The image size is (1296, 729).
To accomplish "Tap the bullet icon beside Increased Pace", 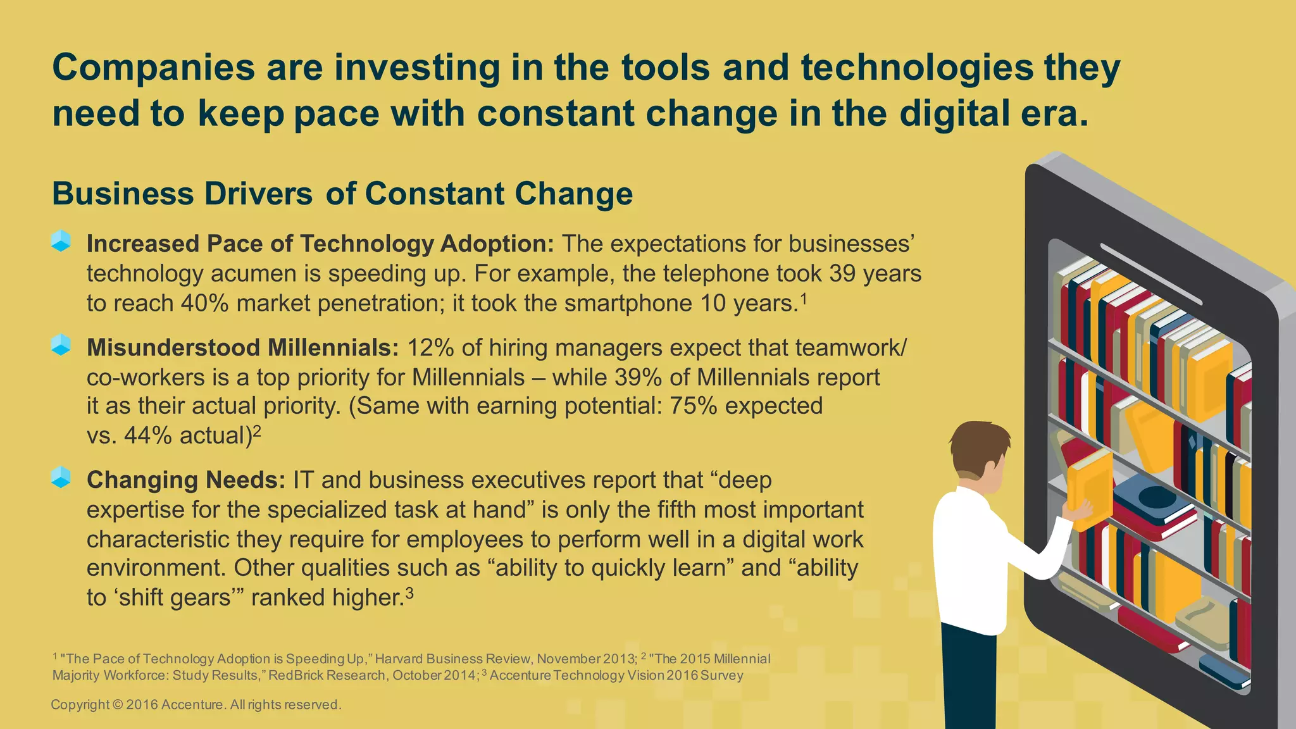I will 61,241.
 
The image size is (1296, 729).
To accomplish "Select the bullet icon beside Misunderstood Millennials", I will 61,345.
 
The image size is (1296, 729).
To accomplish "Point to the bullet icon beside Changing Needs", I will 61,477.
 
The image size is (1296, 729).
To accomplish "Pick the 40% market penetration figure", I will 204,304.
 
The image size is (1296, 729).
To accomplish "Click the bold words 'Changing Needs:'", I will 186,480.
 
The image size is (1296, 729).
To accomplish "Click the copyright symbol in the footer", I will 118,705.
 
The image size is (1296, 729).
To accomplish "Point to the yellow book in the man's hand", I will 1090,487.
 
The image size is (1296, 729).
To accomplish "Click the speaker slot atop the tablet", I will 1150,273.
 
